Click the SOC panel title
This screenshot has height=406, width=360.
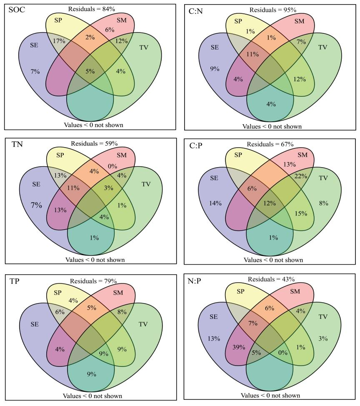tap(16, 9)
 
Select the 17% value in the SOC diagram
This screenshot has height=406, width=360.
tap(59, 41)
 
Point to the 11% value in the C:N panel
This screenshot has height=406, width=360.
tap(241, 54)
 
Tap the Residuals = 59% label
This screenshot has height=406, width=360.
tap(94, 144)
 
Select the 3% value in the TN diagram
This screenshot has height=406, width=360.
tap(109, 188)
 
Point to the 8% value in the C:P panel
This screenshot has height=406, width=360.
tap(323, 203)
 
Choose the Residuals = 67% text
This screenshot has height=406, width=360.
tap(270, 144)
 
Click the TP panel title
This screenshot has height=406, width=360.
tap(15, 281)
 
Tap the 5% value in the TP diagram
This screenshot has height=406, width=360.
tap(91, 308)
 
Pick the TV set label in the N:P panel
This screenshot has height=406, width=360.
tap(323, 316)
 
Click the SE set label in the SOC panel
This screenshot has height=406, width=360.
tap(34, 45)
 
